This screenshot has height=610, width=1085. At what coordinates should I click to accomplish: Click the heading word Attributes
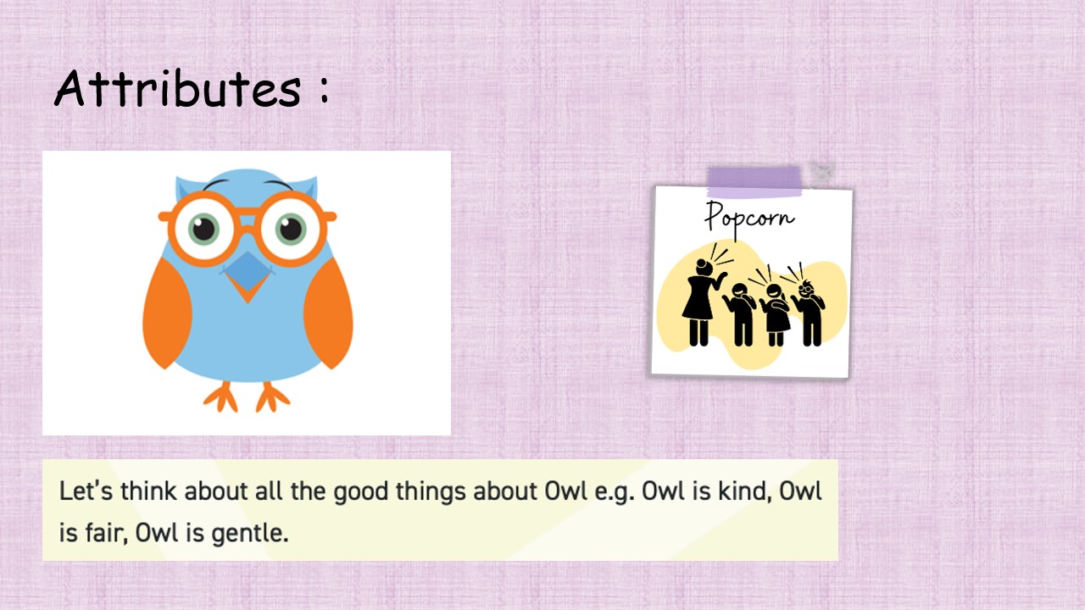coord(178,88)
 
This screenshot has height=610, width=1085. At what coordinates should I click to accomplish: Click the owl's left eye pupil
coord(204,229)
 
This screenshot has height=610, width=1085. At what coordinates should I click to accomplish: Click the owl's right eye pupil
coord(291,229)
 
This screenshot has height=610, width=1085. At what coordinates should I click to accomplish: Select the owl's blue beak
coord(248,272)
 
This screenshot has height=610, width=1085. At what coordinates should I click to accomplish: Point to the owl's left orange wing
coord(167,313)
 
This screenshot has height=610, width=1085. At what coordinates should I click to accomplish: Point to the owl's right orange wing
coord(328,313)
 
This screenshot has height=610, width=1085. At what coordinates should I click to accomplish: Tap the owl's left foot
coord(221,397)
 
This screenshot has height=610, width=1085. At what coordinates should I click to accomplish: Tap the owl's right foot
coord(273,397)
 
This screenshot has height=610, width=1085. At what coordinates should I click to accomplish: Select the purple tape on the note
coord(754,181)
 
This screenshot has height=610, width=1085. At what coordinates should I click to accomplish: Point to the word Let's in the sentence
coord(86,491)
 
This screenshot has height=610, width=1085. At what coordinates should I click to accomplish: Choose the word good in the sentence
coord(361,492)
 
